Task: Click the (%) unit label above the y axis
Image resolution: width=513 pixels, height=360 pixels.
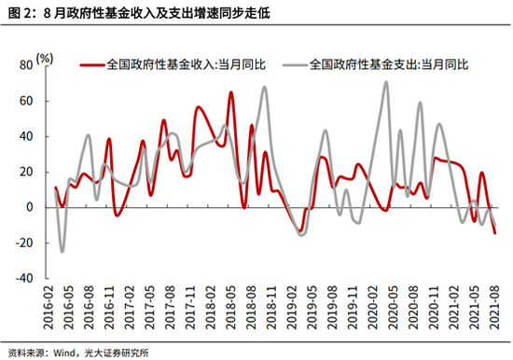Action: point(44,58)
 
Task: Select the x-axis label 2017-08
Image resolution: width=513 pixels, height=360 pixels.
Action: point(169,306)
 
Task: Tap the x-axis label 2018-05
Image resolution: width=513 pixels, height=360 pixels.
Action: point(226,306)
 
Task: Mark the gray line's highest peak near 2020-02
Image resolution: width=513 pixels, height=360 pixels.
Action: point(385,82)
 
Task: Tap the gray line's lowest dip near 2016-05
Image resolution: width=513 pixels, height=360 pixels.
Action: point(62,251)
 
